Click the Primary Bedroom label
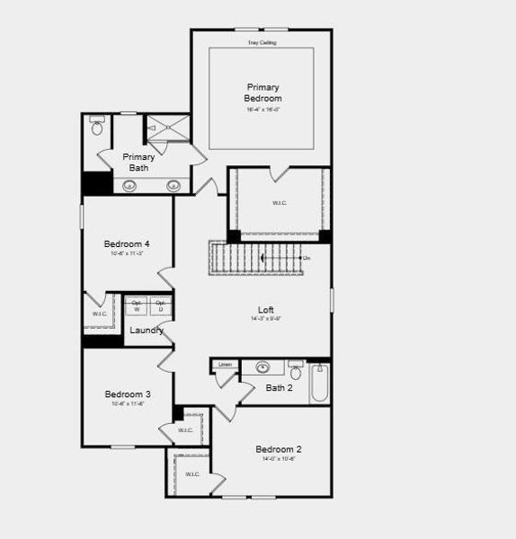pyautogui.click(x=262, y=93)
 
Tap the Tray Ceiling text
pyautogui.click(x=262, y=42)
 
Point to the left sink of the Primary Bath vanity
pyautogui.click(x=129, y=186)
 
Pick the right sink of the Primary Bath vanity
pyautogui.click(x=173, y=186)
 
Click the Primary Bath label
pyautogui.click(x=139, y=163)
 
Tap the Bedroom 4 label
pyautogui.click(x=127, y=244)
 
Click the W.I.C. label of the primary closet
pyautogui.click(x=280, y=203)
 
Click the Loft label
pyautogui.click(x=266, y=311)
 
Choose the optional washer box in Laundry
pyautogui.click(x=137, y=305)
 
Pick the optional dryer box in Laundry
pyautogui.click(x=161, y=305)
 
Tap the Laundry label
pyautogui.click(x=147, y=331)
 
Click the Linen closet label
pyautogui.click(x=225, y=364)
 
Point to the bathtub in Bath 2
pyautogui.click(x=320, y=384)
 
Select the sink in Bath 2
pyautogui.click(x=263, y=367)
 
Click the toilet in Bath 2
pyautogui.click(x=296, y=370)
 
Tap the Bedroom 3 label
pyautogui.click(x=127, y=394)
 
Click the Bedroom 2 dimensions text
pyautogui.click(x=278, y=459)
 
